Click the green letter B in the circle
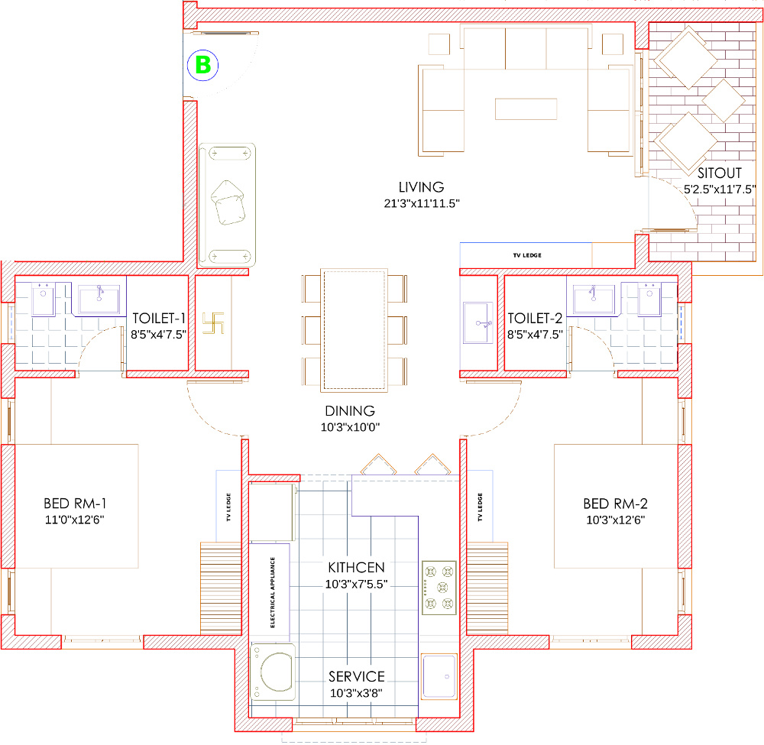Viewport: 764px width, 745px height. (x=202, y=65)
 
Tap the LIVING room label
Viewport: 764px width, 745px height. (x=422, y=187)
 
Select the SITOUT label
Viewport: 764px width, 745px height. (x=719, y=173)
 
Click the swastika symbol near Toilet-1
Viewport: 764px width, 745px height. (x=213, y=323)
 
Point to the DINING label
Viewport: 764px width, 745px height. (x=350, y=411)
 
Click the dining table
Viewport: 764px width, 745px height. (x=354, y=330)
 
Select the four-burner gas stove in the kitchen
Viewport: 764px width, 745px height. (x=439, y=588)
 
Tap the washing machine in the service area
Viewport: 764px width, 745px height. (x=273, y=672)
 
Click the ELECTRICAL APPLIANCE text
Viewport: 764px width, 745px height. (x=273, y=592)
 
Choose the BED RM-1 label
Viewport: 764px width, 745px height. (x=75, y=504)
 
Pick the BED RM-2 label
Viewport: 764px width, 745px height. (x=615, y=504)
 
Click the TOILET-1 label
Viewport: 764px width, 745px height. (x=159, y=318)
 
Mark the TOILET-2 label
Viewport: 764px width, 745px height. (x=535, y=318)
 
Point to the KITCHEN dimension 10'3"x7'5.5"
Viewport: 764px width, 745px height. (x=356, y=584)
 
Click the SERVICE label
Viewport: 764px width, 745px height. (x=357, y=676)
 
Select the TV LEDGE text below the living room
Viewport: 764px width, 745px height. (x=527, y=255)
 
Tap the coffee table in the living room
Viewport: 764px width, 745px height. (x=526, y=109)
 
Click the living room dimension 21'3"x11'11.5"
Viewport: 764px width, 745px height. (x=422, y=203)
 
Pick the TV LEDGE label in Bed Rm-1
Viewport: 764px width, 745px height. (x=228, y=507)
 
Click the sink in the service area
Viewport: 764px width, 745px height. (x=439, y=675)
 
